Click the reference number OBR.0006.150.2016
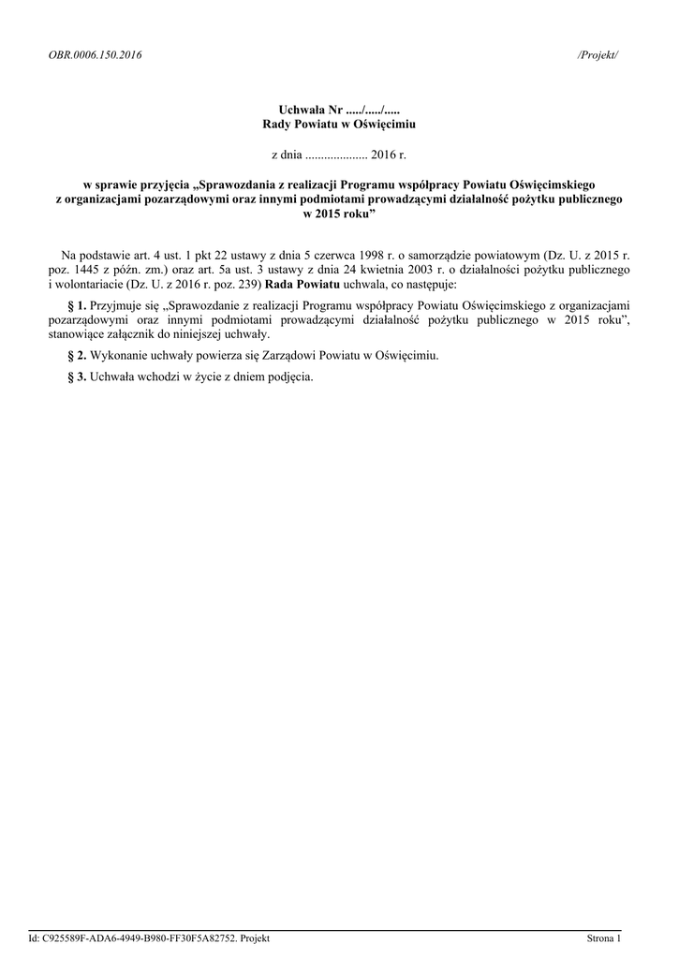[95, 55]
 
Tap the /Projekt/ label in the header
[598, 55]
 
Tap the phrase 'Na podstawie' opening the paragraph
[93, 256]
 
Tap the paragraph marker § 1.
[79, 306]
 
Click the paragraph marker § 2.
[79, 356]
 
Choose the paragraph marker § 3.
[79, 377]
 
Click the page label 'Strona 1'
[603, 938]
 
